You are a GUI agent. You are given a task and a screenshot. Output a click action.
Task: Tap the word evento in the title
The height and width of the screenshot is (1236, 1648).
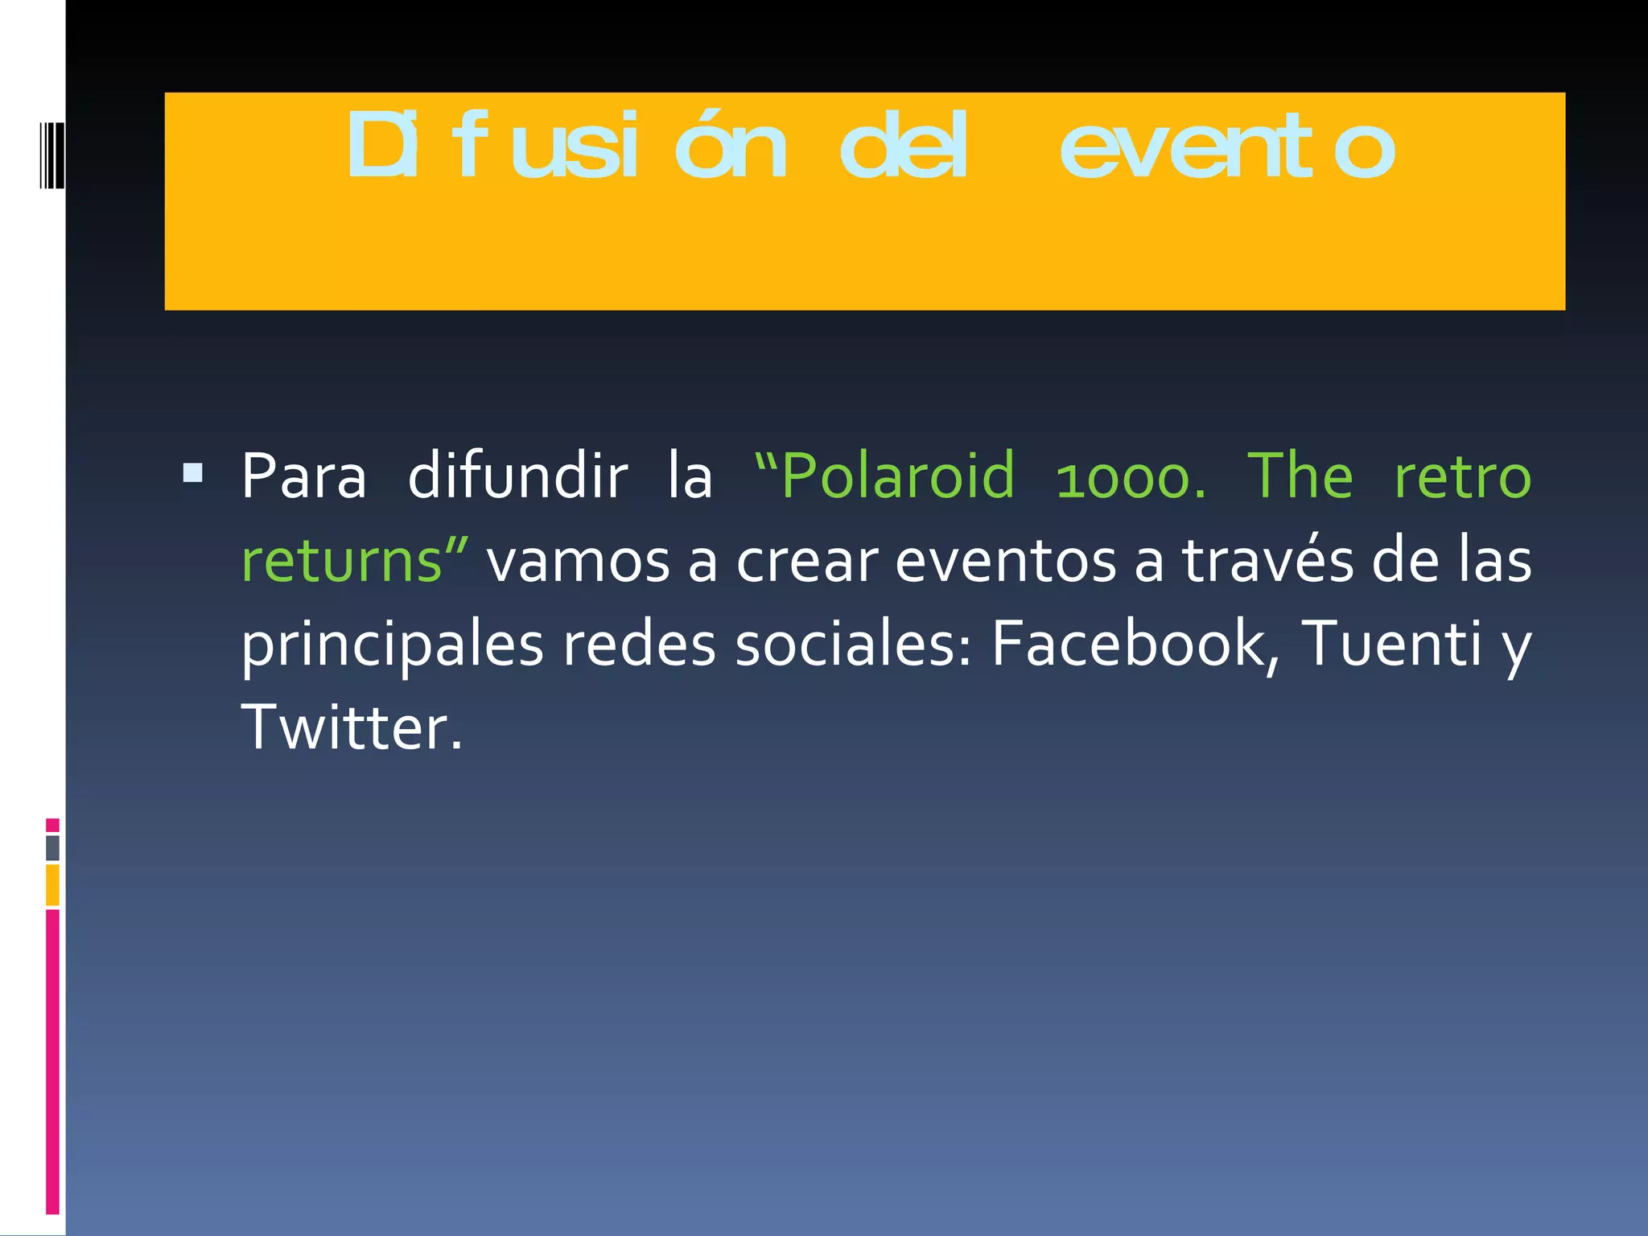point(1226,148)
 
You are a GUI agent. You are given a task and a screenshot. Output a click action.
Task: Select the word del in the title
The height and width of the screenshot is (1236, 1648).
point(902,146)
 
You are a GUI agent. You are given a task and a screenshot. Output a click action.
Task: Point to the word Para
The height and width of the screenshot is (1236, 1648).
point(304,477)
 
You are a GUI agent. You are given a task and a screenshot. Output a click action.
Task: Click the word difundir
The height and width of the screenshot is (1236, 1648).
point(517,477)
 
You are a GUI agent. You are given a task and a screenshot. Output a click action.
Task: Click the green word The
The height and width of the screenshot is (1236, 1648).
point(1300,477)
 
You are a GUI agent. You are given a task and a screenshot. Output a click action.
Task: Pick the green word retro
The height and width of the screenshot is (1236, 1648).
point(1462,477)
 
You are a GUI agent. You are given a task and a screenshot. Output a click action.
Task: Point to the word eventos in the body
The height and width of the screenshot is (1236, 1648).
point(1005,561)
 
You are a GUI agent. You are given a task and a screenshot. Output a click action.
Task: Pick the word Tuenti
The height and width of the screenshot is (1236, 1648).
point(1390,643)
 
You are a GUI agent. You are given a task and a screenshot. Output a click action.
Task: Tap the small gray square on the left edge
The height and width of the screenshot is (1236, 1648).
point(53,847)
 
